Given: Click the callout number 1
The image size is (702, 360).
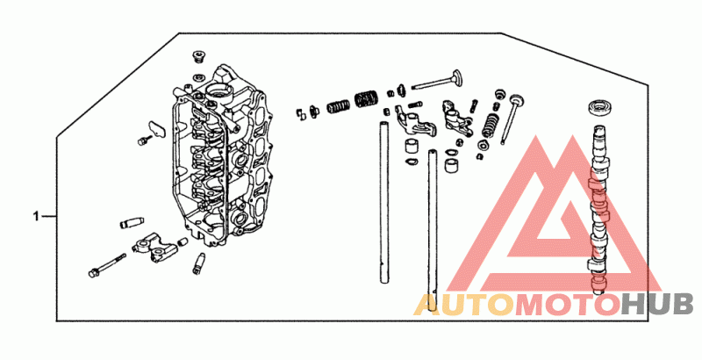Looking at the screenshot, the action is click(x=36, y=217).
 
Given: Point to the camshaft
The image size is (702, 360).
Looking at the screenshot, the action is click(x=598, y=210).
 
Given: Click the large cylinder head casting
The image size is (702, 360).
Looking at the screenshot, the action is click(x=219, y=156).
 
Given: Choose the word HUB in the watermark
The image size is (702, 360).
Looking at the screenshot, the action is click(x=657, y=305).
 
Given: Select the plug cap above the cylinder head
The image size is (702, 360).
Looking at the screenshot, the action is click(x=198, y=57).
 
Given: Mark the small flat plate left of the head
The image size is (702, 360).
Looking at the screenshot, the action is click(x=156, y=128).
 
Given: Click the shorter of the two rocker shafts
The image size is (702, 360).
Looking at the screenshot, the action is click(x=383, y=202).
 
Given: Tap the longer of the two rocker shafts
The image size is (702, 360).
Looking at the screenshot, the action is click(x=432, y=231).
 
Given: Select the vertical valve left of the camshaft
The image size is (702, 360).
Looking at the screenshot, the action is click(x=512, y=119).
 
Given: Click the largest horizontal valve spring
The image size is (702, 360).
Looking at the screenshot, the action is click(x=366, y=99).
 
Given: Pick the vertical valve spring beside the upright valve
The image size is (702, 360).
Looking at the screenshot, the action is click(x=491, y=126).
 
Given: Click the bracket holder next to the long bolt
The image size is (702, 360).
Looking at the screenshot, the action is click(x=155, y=247).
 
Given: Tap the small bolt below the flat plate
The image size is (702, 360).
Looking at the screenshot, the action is click(x=143, y=140).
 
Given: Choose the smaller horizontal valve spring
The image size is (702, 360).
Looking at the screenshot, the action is click(x=339, y=107).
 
